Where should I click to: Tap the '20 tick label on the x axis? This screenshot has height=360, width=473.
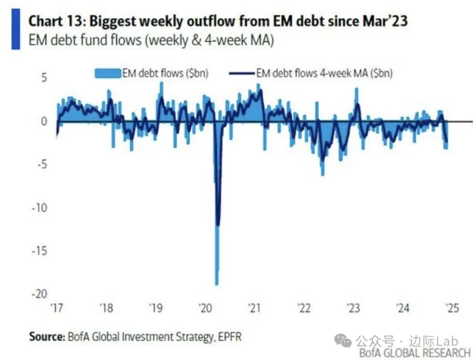[205, 308]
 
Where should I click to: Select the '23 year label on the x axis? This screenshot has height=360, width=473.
[353, 308]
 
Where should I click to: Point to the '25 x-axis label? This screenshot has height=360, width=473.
[452, 308]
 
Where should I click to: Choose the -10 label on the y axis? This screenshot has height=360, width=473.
[40, 208]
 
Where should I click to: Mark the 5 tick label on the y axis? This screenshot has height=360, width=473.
[43, 78]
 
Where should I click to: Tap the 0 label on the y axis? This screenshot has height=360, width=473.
[43, 121]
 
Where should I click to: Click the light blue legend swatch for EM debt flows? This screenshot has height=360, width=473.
[108, 73]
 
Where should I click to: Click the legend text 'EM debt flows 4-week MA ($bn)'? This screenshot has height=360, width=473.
[324, 73]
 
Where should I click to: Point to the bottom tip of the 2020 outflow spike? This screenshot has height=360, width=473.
[216, 284]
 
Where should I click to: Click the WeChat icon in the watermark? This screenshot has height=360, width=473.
[343, 340]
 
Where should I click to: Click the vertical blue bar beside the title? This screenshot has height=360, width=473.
[15, 29]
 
